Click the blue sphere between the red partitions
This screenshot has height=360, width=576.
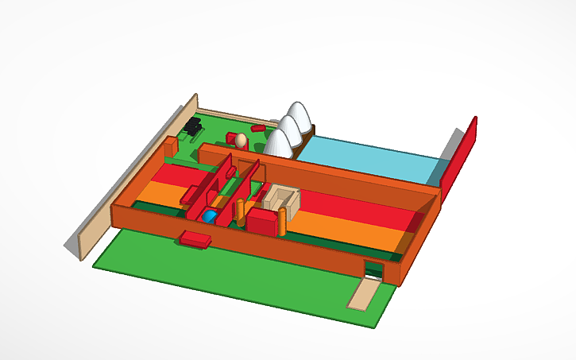(210, 216)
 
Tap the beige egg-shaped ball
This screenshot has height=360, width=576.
(241, 141)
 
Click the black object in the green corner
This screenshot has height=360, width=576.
(192, 126)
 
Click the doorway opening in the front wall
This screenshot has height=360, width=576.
(374, 270)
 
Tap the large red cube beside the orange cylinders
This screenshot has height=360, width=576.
(263, 220)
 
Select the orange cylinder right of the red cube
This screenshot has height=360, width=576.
(283, 222)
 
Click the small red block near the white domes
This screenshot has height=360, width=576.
(257, 127)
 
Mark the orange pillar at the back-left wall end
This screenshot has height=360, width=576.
(169, 147)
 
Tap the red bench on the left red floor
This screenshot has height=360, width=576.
(191, 193)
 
